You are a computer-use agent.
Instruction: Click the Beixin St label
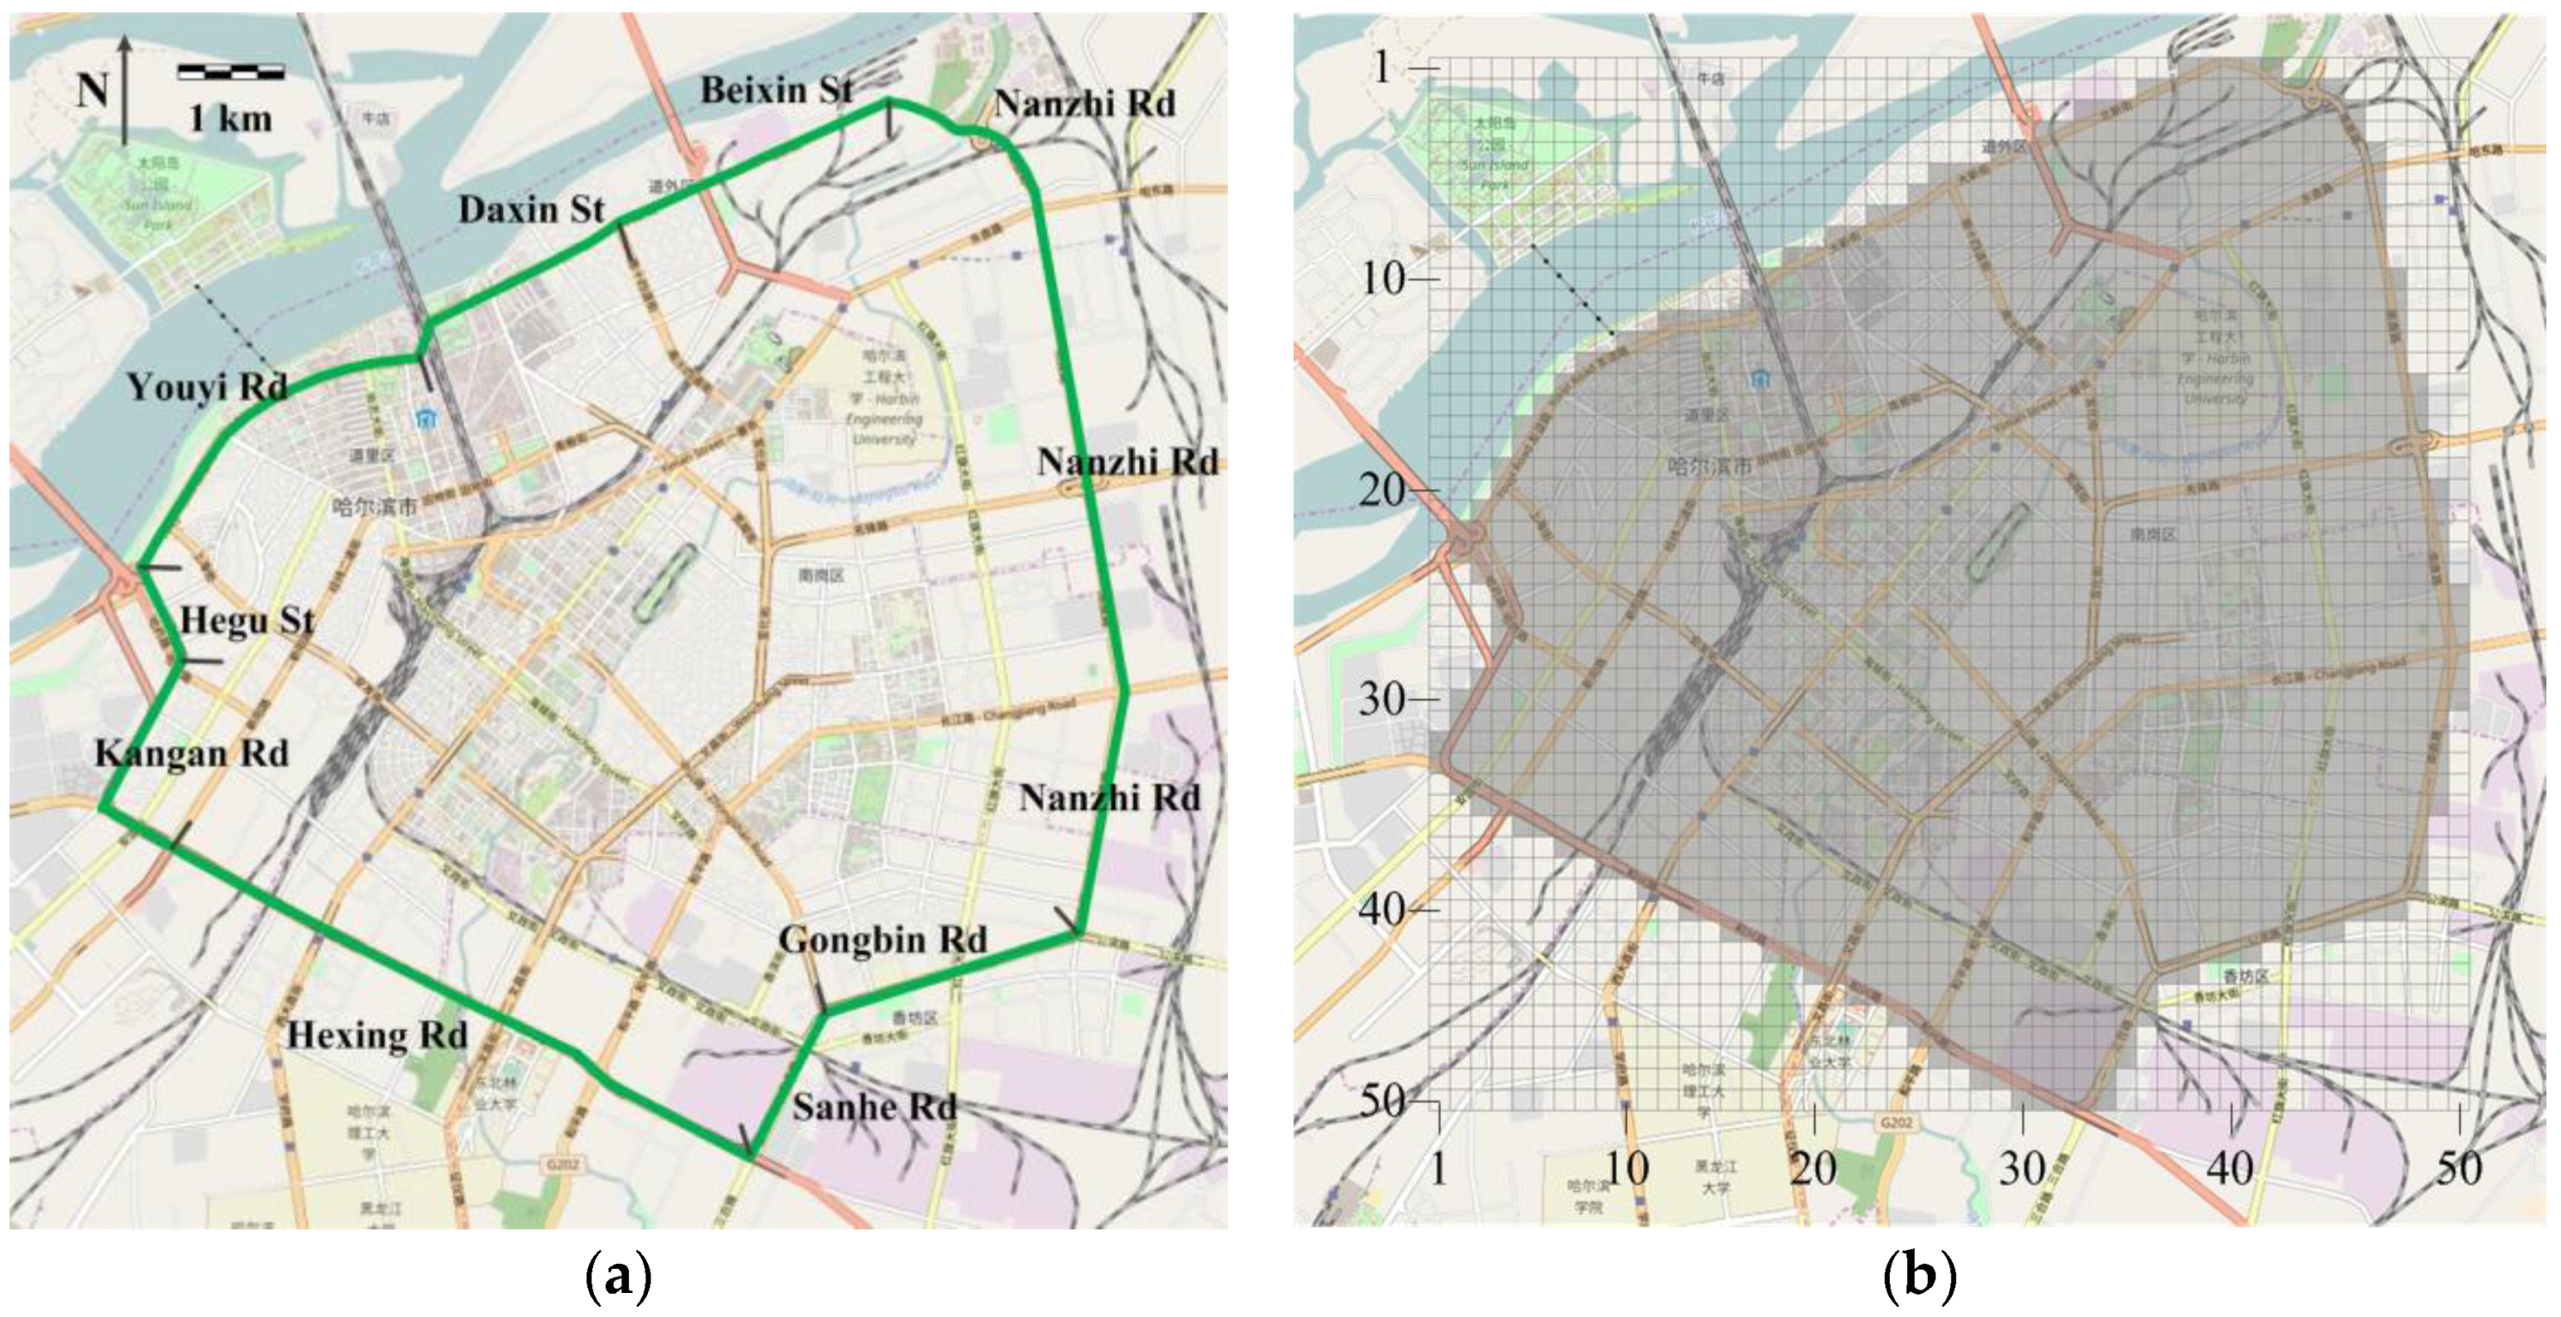pos(776,90)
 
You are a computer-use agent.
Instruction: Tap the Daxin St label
pos(531,210)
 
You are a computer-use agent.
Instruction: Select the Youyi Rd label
pos(207,387)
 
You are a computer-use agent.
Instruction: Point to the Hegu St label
pos(247,621)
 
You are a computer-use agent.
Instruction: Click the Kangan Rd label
pos(192,753)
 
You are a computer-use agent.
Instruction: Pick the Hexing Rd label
pos(376,1036)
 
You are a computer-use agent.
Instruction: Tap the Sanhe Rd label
pos(874,1107)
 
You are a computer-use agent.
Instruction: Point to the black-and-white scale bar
pos(230,71)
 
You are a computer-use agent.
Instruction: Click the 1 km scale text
pos(230,119)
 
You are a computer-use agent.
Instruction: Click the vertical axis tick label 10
pos(1383,278)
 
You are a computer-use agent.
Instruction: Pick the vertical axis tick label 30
pos(1383,700)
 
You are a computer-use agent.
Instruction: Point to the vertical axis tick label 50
pos(1383,1101)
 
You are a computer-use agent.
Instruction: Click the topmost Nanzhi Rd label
pos(1085,103)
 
